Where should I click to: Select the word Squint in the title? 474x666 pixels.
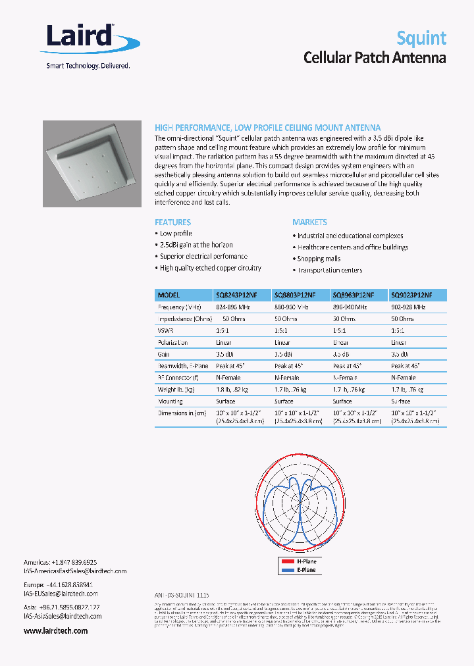421,38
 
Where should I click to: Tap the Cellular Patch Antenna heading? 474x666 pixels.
374,58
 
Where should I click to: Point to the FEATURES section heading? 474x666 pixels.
172,222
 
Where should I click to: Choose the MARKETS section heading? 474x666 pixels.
309,222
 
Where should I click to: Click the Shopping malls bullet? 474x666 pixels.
319,259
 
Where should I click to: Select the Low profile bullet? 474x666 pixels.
176,234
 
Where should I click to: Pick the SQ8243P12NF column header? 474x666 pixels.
237,295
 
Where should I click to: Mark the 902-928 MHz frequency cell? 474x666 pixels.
408,307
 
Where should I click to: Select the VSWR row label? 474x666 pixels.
165,330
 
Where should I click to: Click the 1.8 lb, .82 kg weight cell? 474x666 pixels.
232,390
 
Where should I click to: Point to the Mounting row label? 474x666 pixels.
171,401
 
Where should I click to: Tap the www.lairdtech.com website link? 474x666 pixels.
55,630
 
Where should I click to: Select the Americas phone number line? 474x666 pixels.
60,563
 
